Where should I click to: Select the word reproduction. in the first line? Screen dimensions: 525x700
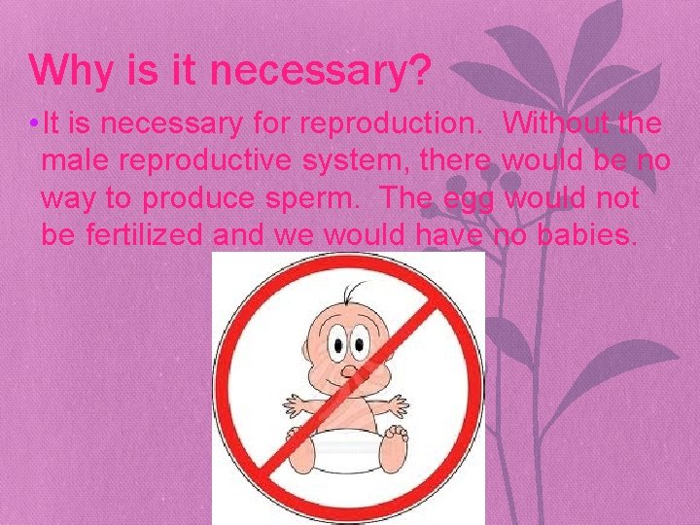[392, 125]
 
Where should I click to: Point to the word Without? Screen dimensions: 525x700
[559, 125]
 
